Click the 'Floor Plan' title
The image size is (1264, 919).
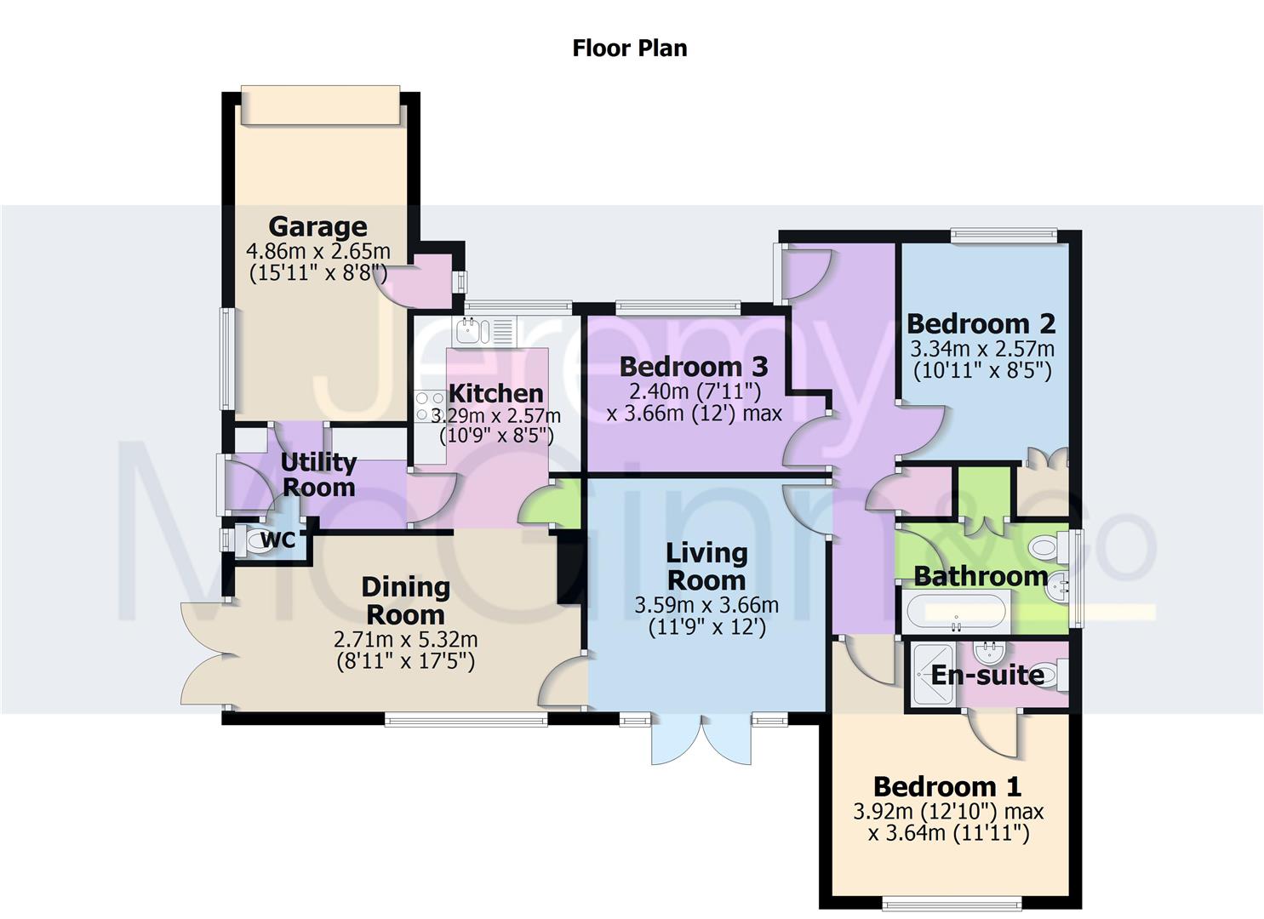629,48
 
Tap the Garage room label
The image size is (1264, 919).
317,226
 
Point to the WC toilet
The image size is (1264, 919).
252,540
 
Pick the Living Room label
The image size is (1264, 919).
706,567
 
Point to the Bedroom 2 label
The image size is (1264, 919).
981,324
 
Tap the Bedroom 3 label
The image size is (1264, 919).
693,367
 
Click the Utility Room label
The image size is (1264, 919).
318,475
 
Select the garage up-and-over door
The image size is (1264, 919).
320,106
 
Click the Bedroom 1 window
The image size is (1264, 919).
951,901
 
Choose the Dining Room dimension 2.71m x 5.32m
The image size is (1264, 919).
406,639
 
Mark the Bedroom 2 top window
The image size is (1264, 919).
1004,235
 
